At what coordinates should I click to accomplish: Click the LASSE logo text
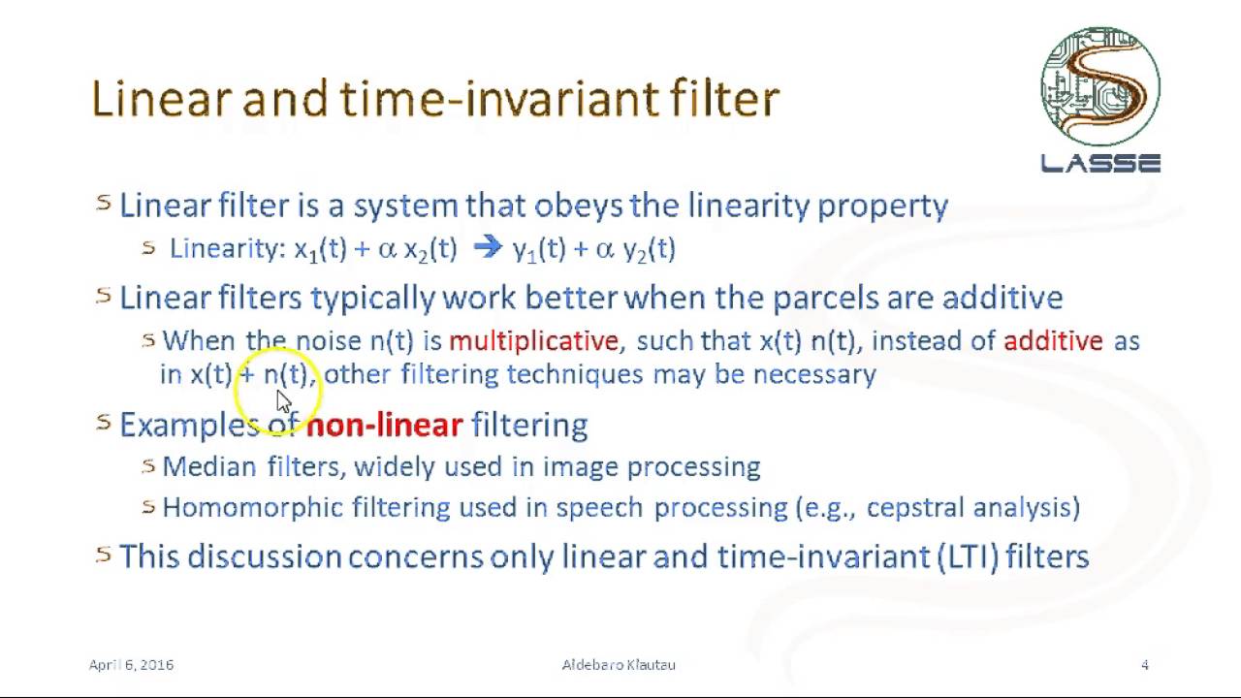pyautogui.click(x=1100, y=164)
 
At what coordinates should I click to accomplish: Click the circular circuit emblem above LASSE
pyautogui.click(x=1100, y=86)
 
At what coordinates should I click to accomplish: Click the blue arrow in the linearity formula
pyautogui.click(x=487, y=248)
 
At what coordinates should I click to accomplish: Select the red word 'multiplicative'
pyautogui.click(x=533, y=341)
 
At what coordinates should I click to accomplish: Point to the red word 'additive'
pyautogui.click(x=1053, y=341)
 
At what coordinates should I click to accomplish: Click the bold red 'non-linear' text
pyautogui.click(x=384, y=425)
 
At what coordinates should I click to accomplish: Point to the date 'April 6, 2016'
pyautogui.click(x=131, y=665)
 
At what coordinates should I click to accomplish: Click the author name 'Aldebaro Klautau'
pyautogui.click(x=619, y=665)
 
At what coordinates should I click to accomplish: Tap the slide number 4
pyautogui.click(x=1145, y=665)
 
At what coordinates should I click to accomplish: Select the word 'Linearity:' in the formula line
pyautogui.click(x=228, y=249)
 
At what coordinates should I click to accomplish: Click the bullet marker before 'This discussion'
pyautogui.click(x=104, y=554)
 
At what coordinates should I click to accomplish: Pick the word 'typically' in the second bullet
pyautogui.click(x=372, y=298)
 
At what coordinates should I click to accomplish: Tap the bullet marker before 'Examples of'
pyautogui.click(x=104, y=421)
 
